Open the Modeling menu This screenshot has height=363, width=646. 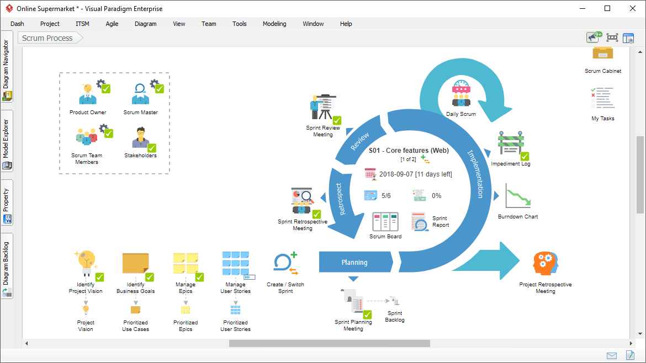274,24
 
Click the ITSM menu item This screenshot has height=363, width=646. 82,24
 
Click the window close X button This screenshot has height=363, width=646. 633,8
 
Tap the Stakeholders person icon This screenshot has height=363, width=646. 140,137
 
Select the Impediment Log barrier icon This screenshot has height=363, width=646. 511,143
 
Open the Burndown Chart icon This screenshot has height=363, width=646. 518,196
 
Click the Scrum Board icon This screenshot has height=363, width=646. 385,222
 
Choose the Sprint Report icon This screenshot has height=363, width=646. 420,221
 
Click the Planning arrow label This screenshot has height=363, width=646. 354,262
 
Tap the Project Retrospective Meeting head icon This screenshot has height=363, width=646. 546,263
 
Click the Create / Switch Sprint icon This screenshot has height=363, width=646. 285,263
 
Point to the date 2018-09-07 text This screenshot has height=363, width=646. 396,174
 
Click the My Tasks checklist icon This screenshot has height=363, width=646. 603,98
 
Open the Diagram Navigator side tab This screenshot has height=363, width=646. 7,66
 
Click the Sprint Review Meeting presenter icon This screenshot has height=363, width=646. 324,107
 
